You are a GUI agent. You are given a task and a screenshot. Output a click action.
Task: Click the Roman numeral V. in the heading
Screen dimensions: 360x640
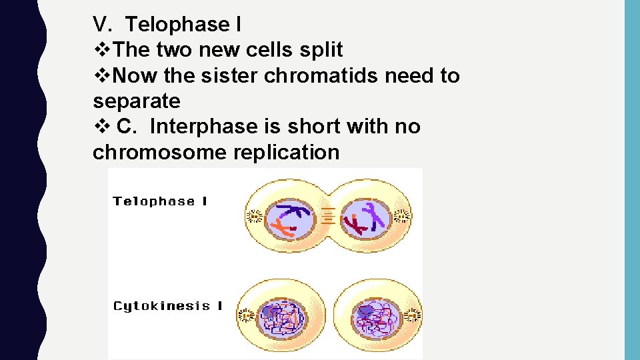click(104, 25)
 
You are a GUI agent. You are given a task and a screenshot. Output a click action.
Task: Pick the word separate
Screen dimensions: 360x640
click(137, 101)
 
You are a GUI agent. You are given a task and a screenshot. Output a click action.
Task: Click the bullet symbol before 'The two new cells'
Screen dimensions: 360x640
click(100, 50)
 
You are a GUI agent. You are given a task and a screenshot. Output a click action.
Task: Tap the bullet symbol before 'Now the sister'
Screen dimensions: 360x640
click(100, 76)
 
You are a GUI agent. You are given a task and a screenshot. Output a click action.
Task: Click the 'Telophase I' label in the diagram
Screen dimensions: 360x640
click(160, 201)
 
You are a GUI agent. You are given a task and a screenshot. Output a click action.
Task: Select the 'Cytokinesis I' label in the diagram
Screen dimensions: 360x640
click(167, 306)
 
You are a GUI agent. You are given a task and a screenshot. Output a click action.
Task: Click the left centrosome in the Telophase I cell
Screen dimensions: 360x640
click(253, 217)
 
